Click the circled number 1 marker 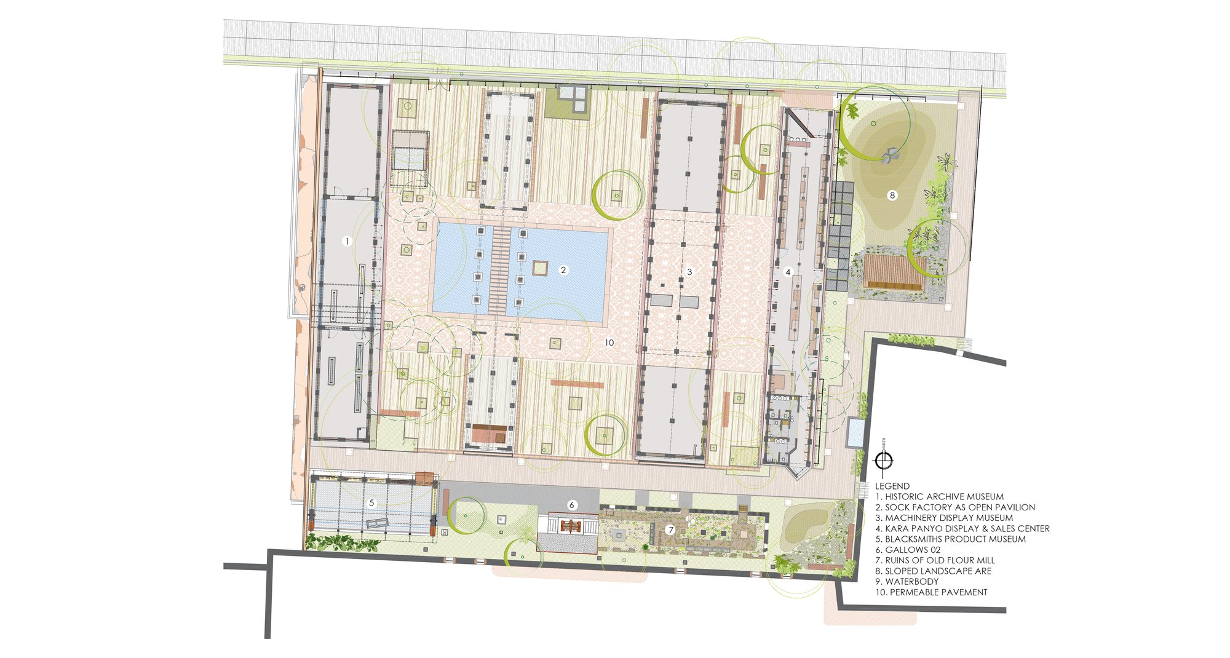point(347,242)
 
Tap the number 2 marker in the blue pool point(563,269)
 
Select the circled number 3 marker point(690,272)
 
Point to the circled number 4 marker point(788,272)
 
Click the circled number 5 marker point(371,503)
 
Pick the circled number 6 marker point(572,505)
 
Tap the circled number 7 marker point(671,529)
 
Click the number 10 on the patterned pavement point(609,343)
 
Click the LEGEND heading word point(892,486)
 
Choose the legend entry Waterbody point(907,581)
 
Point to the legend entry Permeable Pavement point(931,592)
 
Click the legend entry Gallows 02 point(908,550)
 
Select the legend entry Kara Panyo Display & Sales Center point(962,528)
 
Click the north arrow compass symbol point(884,461)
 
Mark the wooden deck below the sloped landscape point(894,272)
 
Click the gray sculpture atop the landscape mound point(889,156)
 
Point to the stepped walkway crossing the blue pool point(499,270)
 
